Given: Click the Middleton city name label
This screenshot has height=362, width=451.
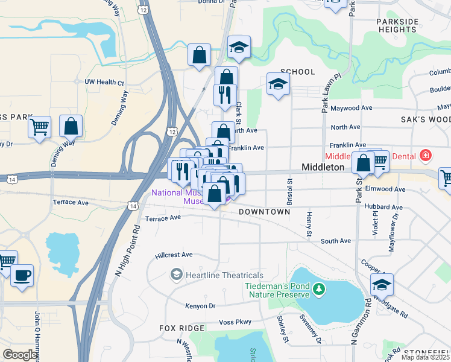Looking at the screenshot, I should coord(323,167).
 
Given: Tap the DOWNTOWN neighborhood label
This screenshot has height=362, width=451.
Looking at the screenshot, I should coord(264,212).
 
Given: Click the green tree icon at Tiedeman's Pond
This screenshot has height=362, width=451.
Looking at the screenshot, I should coord(319,291).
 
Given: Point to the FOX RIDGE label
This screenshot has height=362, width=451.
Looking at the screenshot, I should coord(181,328).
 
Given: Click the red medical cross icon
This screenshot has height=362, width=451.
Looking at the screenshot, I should coord(426,155).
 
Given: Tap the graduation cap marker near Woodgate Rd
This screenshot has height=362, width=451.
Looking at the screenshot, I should coord(382,284).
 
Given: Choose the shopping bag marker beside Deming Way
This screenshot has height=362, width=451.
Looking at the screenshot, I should coord(71,127).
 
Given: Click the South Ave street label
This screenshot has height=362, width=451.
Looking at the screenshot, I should coord(335,241).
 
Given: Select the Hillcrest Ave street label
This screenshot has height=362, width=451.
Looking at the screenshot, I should coord(174,255).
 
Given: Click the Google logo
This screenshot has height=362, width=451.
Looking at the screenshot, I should coord(20,355).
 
